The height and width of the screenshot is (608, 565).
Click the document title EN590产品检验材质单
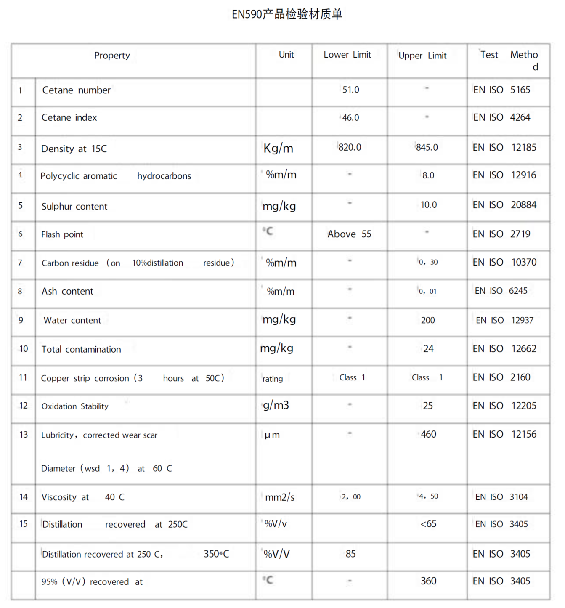(287, 14)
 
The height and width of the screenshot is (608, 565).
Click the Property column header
(112, 56)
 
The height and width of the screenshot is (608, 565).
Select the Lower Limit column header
(347, 55)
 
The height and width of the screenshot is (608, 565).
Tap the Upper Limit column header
(422, 56)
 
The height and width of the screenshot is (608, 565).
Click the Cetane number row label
(76, 90)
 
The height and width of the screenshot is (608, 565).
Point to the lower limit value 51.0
(350, 90)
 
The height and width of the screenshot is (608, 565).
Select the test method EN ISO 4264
(501, 117)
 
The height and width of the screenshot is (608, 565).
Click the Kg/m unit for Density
(278, 148)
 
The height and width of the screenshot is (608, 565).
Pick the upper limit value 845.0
(427, 147)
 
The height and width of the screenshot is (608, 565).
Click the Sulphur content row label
(74, 206)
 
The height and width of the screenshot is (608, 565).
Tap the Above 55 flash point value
(349, 234)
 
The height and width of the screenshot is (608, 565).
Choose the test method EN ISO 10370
(504, 262)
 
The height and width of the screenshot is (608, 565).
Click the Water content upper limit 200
(428, 320)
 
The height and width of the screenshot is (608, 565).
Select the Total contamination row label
(81, 349)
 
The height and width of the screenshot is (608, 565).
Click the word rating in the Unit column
(273, 379)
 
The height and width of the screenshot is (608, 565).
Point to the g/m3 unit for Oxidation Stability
(276, 405)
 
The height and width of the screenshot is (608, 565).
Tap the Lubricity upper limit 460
(428, 434)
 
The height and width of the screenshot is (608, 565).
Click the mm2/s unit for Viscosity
(280, 497)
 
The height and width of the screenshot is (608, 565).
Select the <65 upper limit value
(428, 524)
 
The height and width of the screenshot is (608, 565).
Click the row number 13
(24, 435)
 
